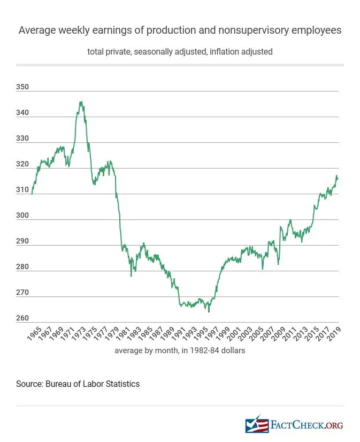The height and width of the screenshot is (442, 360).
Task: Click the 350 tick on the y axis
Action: pos(22,87)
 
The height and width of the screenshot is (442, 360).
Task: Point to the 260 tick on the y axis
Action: pos(22,318)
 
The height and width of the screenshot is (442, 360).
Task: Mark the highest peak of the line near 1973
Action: pos(80,102)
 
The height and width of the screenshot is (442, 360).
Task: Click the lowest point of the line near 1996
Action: pos(209,311)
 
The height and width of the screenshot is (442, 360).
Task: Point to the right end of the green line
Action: pos(338,178)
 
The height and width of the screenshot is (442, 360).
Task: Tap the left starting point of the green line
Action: pos(32,194)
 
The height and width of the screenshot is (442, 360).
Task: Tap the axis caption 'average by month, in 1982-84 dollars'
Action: pos(180,351)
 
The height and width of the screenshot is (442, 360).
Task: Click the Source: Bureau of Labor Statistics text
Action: pos(78,384)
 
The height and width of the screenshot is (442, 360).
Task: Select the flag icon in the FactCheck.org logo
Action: pos(256,425)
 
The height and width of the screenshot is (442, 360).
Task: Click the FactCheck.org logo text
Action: pos(307,425)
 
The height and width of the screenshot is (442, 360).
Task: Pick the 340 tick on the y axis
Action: pos(22,113)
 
